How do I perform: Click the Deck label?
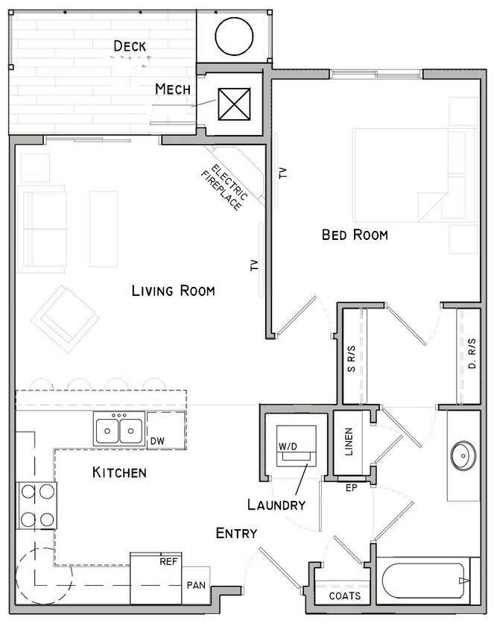tap(130, 46)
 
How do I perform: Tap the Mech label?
tap(173, 89)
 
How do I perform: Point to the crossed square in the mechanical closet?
tap(233, 104)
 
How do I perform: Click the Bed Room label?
tap(355, 235)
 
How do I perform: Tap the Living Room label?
tap(173, 291)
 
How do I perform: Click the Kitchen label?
tap(119, 472)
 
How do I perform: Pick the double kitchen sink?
tap(119, 430)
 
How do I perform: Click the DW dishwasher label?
tap(157, 442)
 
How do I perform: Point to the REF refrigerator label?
tap(168, 561)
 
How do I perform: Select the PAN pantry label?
tap(197, 585)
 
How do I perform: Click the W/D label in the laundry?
tap(288, 446)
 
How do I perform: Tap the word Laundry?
tap(276, 505)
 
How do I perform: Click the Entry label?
tap(237, 533)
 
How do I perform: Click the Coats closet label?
tap(345, 596)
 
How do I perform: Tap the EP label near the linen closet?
tap(353, 488)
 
